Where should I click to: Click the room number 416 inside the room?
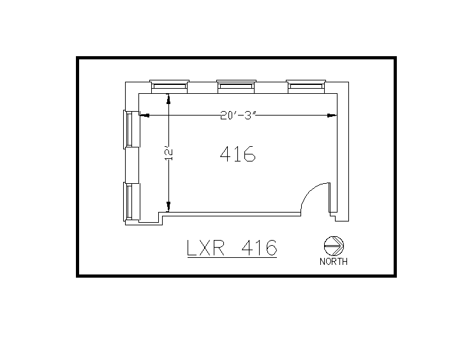pos(237,154)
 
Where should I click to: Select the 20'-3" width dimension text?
pos(237,116)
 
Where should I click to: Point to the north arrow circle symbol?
pos(334,246)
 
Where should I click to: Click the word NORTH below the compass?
pos(334,261)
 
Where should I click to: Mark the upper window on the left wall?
pos(129,130)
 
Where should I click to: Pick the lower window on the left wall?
pos(129,201)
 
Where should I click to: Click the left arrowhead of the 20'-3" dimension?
pos(144,116)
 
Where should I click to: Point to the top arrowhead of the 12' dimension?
pos(169,99)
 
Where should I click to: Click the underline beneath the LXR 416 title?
pos(232,257)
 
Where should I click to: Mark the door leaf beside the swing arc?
pos(330,198)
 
